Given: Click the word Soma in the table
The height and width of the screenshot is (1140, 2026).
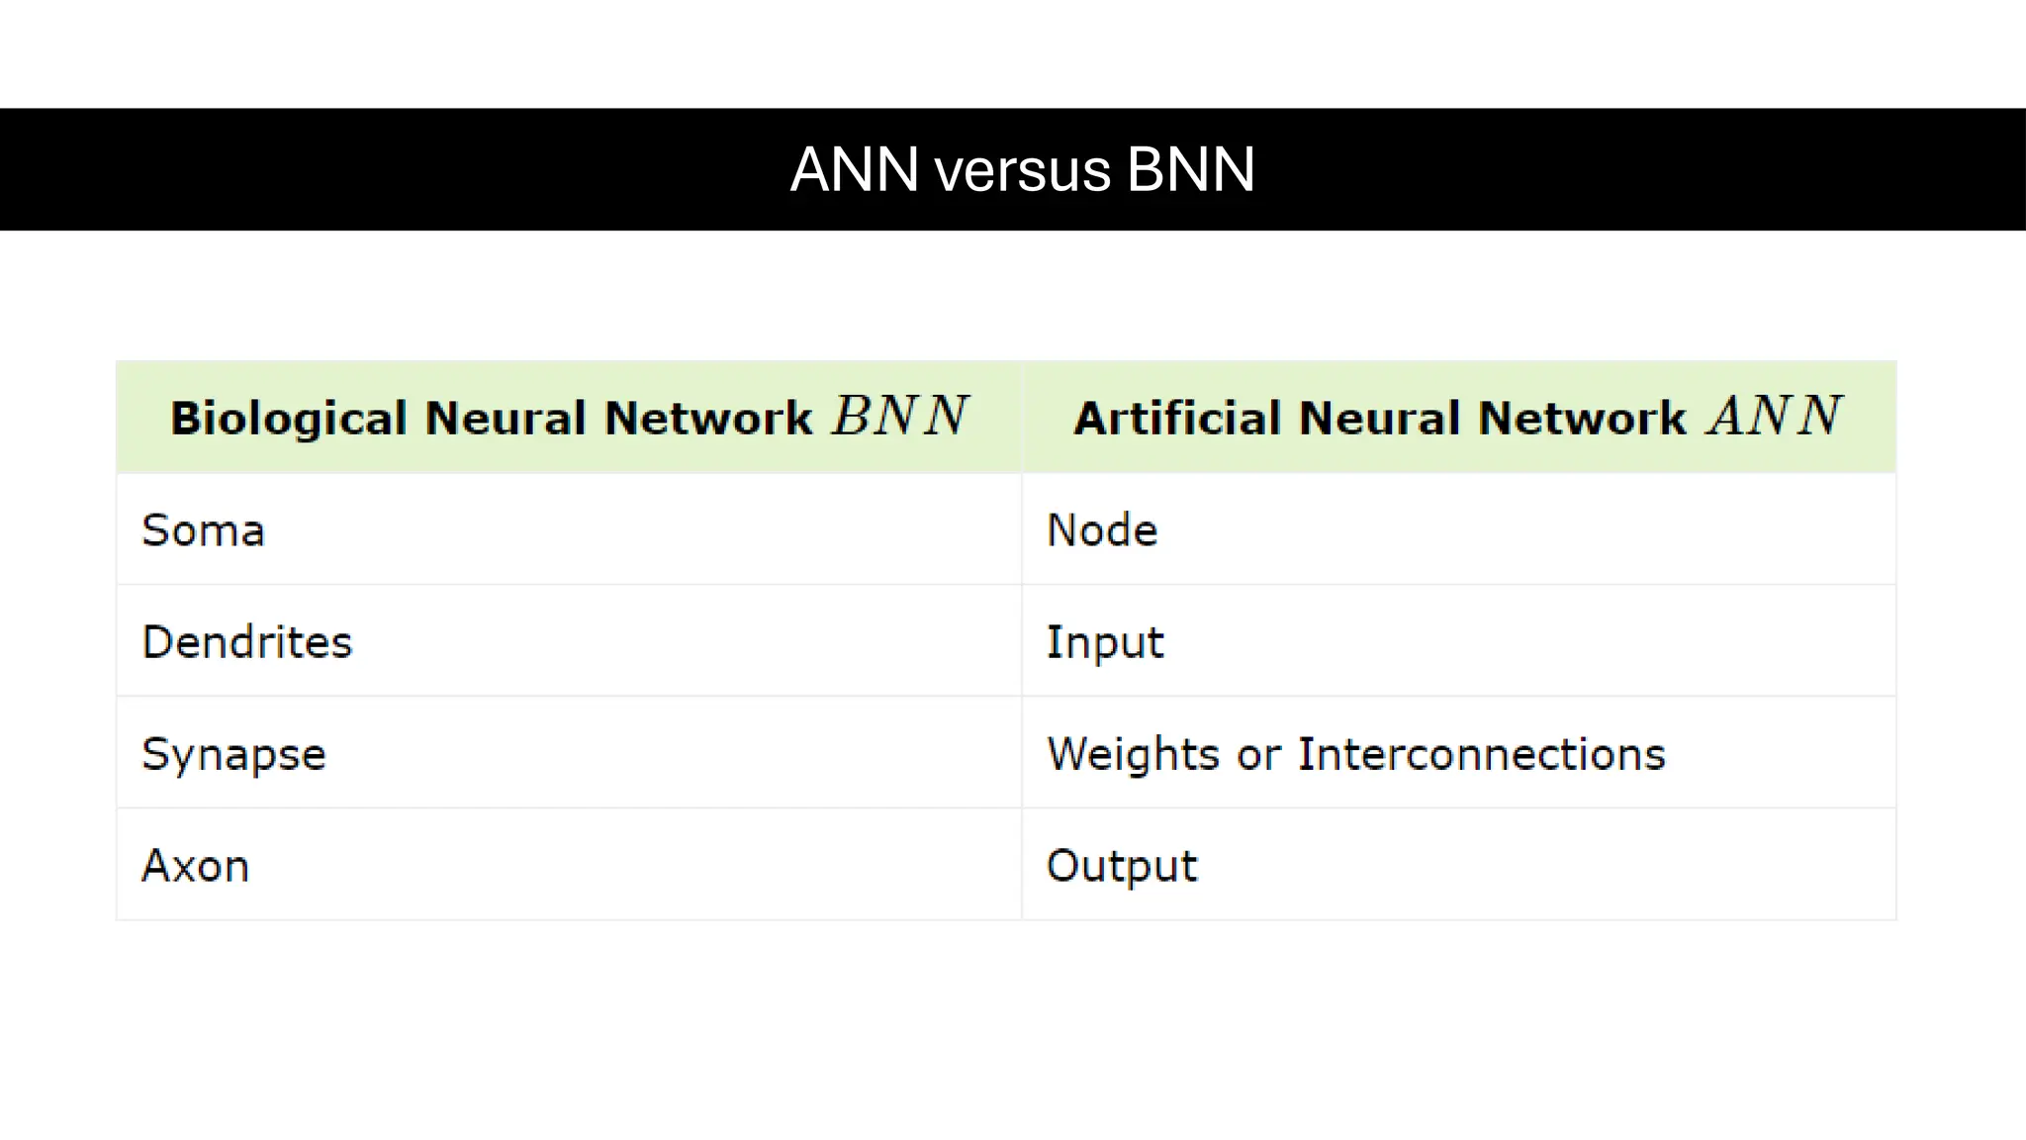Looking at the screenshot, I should pos(203,530).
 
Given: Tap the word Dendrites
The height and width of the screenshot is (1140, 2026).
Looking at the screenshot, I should pos(246,642).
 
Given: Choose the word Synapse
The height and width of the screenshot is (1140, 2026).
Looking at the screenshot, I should pos(233,755).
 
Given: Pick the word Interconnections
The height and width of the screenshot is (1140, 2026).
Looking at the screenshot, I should pos(1481,754).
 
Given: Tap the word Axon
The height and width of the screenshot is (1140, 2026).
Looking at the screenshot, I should pos(195,866).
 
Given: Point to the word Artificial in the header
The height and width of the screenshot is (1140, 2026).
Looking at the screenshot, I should pos(1176,418).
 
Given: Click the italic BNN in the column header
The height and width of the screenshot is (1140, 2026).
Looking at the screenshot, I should pos(899,416).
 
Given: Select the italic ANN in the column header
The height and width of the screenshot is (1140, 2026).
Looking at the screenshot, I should pos(1775,416).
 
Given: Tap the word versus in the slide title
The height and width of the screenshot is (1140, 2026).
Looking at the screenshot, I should pos(1023,170).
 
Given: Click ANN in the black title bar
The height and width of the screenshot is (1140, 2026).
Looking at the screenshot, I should pos(854,170).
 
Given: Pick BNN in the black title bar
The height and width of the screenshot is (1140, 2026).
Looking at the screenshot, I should pos(1190,170).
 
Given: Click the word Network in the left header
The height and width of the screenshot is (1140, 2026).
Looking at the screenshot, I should pos(707,418).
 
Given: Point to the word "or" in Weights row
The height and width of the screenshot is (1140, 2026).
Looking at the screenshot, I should pos(1258,755).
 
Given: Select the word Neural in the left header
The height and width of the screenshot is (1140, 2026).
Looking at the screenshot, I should pos(506,418).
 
